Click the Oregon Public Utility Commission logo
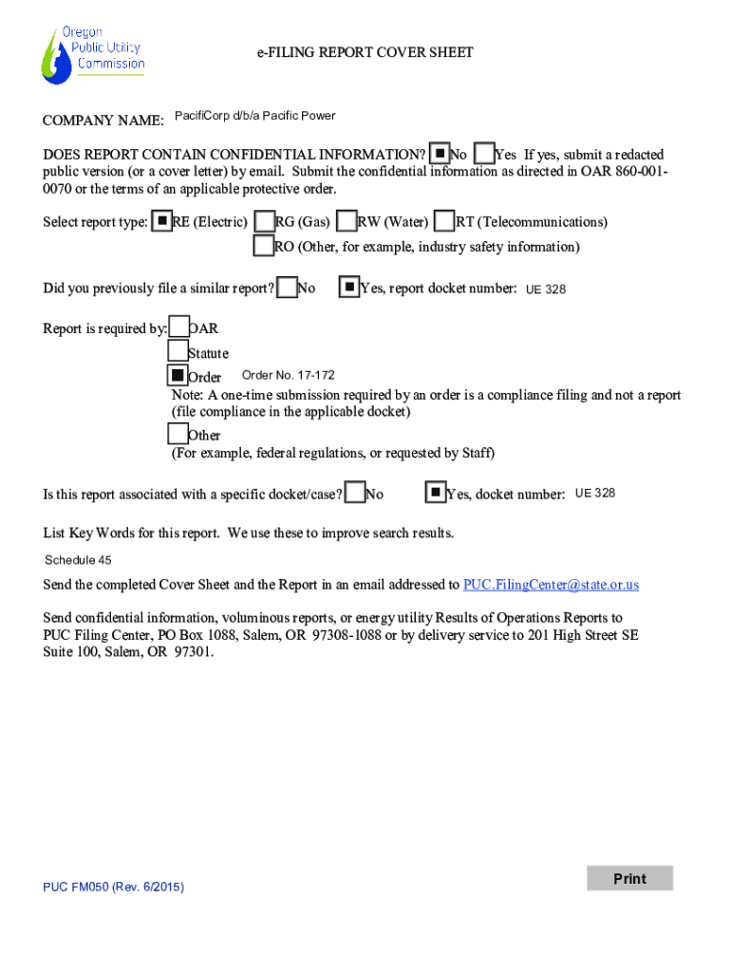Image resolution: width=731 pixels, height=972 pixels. coord(92,54)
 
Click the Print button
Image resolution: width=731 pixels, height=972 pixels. coord(629,878)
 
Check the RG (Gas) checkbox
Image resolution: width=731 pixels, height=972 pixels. coord(265,222)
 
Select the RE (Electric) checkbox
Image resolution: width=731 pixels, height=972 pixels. coord(162,221)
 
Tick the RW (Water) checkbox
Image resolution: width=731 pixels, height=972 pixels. coord(347,222)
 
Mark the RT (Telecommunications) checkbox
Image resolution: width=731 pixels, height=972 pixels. coord(444,222)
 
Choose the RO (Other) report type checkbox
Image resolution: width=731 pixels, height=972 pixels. coord(264,247)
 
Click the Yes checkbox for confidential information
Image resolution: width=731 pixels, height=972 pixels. coord(484,154)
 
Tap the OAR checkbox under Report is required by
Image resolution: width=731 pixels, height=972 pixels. coord(178,327)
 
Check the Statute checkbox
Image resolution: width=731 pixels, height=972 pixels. coord(178,351)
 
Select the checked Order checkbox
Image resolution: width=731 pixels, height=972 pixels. coord(178,377)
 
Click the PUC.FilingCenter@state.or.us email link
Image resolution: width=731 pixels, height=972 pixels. coord(551,584)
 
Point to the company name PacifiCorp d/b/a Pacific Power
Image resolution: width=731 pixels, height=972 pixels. coord(255,116)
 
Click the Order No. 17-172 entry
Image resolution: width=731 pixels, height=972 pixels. coord(289,375)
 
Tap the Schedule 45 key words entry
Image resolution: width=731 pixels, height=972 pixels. coord(78,560)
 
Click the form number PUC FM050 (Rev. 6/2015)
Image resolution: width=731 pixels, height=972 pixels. coord(113,887)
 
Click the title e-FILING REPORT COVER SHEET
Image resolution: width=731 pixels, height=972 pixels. coord(365,52)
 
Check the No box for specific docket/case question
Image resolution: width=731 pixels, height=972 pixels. coord(356,493)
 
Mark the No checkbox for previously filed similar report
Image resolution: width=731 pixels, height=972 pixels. coord(287,287)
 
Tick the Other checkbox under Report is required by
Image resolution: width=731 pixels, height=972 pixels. coord(178,434)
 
